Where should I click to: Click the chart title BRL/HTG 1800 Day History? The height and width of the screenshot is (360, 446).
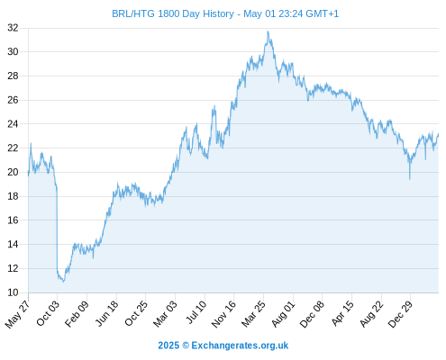(173, 13)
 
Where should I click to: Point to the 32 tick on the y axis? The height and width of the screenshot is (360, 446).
(13, 28)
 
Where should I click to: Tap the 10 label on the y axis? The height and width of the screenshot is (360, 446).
(13, 292)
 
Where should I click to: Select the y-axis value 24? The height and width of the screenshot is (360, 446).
(13, 124)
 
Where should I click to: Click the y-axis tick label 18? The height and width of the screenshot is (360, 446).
(13, 196)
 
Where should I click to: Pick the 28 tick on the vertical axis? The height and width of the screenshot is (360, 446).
(13, 76)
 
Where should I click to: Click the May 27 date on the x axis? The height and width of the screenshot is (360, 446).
(17, 314)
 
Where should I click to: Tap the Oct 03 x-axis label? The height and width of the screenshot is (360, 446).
(48, 313)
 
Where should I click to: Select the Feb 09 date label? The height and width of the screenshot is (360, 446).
(77, 313)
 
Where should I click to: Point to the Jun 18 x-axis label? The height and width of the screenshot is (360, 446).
(106, 313)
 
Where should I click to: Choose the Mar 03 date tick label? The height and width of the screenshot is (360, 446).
(165, 314)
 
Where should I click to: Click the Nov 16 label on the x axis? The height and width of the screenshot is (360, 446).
(223, 314)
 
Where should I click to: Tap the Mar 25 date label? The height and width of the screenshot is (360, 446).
(253, 314)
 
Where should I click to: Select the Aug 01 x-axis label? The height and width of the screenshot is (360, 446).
(283, 314)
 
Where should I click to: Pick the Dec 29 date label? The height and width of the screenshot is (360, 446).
(400, 314)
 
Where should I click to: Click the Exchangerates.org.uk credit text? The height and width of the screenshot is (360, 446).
(240, 346)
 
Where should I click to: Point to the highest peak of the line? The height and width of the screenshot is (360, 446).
(268, 31)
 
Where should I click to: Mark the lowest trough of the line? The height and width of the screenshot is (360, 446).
(63, 282)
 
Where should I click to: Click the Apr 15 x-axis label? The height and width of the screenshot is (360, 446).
(342, 313)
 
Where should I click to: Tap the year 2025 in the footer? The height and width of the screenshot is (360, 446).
(168, 346)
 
